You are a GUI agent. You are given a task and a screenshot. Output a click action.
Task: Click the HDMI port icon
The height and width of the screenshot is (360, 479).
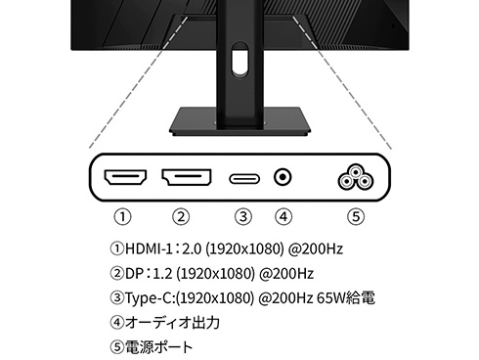(x=124, y=179)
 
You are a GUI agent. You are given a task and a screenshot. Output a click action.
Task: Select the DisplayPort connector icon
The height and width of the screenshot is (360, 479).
(x=186, y=179)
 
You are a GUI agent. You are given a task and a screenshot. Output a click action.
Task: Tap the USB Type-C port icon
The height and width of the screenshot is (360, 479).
(x=243, y=179)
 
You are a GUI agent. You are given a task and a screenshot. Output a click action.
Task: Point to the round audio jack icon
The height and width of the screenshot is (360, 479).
(x=283, y=178)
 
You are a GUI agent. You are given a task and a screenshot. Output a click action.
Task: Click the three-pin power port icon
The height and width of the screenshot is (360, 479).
(x=354, y=178)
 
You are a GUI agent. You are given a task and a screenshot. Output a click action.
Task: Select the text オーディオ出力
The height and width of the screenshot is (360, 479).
(x=172, y=322)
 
